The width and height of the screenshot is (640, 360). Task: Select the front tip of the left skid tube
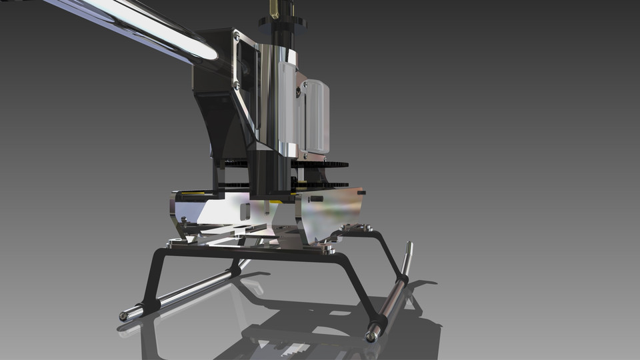[x=123, y=315]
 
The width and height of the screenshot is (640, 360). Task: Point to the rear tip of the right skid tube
[x=409, y=247]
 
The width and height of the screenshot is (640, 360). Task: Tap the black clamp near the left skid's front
[x=149, y=305]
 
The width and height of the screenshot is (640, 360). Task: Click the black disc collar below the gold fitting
[x=281, y=23]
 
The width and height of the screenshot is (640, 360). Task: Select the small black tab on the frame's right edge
[x=362, y=192]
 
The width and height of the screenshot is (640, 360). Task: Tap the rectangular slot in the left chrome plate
[x=245, y=212]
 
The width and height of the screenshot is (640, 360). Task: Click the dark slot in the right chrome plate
[x=316, y=199]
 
